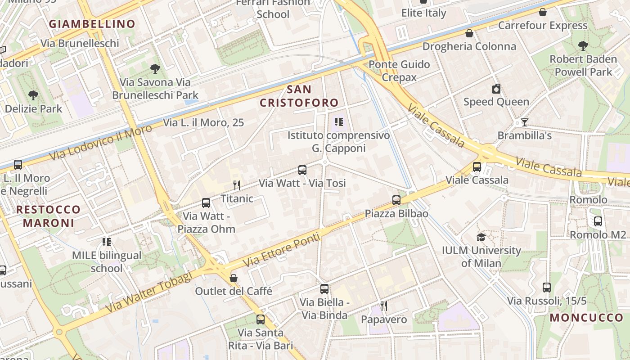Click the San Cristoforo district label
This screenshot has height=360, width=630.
299,96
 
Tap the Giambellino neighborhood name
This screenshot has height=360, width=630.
92,24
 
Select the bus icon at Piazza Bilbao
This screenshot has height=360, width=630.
396,200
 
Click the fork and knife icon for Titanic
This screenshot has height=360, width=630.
237,185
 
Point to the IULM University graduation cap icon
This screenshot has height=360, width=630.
481,237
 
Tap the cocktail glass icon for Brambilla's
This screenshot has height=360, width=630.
524,122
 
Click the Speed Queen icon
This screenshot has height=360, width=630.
496,89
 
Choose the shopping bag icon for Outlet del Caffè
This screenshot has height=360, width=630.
233,278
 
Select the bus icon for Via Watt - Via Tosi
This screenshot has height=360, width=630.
302,170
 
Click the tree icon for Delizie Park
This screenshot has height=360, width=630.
33,95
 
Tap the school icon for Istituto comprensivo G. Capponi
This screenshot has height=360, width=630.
338,122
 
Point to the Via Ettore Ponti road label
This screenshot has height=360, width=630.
281,249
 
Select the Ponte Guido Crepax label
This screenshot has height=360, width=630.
399,71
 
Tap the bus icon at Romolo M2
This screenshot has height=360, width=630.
598,221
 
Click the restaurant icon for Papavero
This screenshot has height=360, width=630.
383,306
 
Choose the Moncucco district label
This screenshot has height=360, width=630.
586,318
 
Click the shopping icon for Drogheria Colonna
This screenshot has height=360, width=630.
469,33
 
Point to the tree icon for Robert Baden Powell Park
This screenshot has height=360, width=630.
583,45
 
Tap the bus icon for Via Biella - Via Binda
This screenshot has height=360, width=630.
324,289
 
